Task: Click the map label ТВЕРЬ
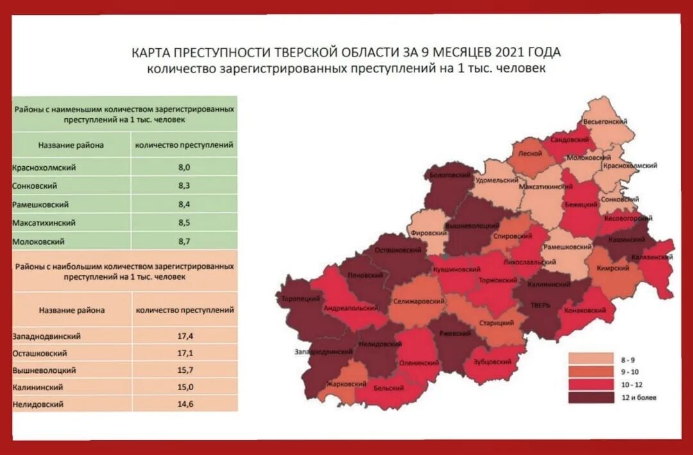tap(540, 305)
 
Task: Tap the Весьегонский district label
tap(604, 121)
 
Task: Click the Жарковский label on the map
tap(346, 384)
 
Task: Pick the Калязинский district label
tap(652, 257)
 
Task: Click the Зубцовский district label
tap(492, 361)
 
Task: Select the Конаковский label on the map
tap(585, 310)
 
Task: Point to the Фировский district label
tap(429, 234)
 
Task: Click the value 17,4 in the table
tap(184, 336)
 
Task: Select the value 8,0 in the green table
tap(184, 167)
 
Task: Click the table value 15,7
tap(184, 370)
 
